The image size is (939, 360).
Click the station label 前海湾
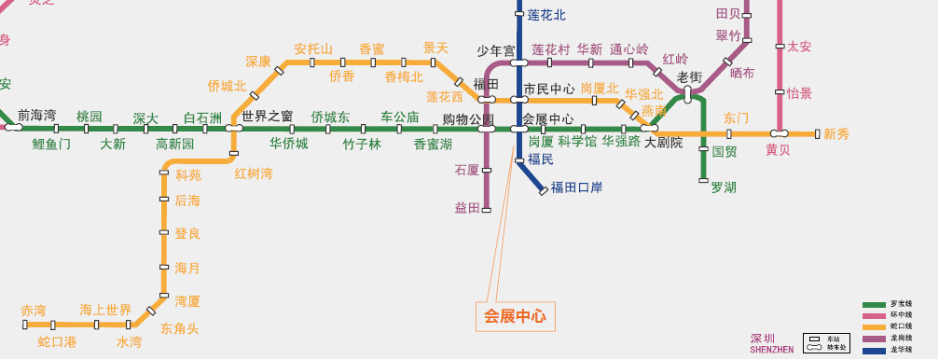(x=37, y=115)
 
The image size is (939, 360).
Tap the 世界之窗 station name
(x=268, y=117)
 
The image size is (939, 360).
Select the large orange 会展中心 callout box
(x=515, y=316)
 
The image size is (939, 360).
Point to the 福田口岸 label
(x=576, y=187)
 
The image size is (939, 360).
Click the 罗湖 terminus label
(x=724, y=187)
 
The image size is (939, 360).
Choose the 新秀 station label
(x=836, y=134)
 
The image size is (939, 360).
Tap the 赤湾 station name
(x=34, y=310)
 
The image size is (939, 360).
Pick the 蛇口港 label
(x=57, y=342)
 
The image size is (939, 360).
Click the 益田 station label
(x=467, y=207)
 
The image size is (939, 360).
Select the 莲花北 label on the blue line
(x=546, y=15)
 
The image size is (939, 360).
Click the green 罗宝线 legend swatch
(x=874, y=305)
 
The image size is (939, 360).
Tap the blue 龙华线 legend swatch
(x=874, y=350)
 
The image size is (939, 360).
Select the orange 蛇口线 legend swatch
(x=874, y=327)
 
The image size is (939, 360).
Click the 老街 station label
(x=689, y=77)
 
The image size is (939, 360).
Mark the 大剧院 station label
(x=664, y=143)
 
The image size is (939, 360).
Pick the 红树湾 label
(x=254, y=173)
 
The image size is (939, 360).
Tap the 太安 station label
(x=799, y=47)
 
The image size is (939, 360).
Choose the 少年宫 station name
(x=496, y=51)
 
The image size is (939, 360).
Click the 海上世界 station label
(x=105, y=310)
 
